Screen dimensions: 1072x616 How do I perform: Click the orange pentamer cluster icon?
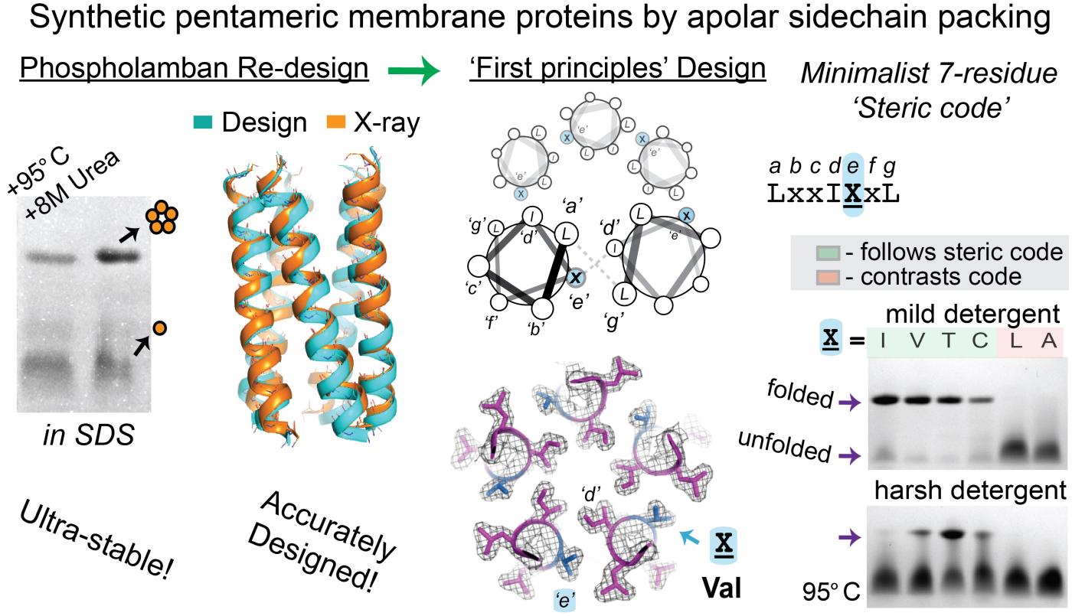163,220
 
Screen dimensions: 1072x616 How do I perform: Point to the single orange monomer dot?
160,328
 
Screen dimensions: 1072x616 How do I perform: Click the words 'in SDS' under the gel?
89,435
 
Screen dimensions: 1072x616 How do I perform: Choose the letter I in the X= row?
882,341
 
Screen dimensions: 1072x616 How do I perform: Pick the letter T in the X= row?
948,341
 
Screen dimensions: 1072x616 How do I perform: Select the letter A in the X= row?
1048,341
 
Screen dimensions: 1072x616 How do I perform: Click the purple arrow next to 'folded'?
849,403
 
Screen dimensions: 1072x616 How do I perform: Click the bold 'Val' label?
721,588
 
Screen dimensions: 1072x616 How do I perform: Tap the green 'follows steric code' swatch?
828,253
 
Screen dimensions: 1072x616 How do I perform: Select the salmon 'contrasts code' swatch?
828,277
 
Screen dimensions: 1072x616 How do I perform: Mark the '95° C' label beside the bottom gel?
832,592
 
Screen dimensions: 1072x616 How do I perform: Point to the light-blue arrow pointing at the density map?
689,537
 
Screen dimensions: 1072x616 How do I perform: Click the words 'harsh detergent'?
971,491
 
